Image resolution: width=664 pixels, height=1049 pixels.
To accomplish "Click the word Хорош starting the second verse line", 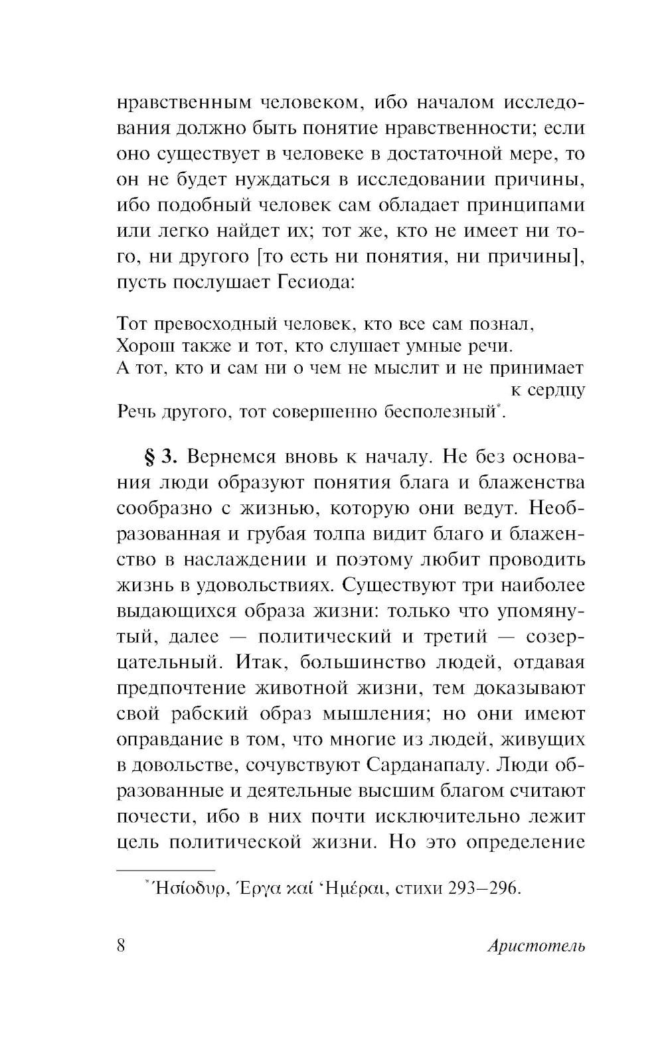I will [141, 346].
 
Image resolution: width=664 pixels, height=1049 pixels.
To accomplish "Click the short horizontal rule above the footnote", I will [165, 869].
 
